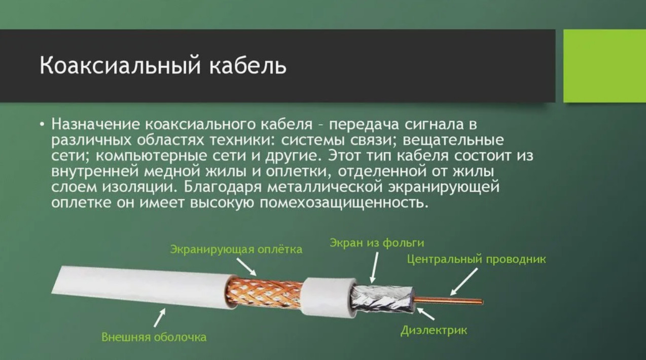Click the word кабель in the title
tap(248, 66)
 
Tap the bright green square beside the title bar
tap(605, 66)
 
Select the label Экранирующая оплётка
tap(236, 249)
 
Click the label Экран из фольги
tap(377, 243)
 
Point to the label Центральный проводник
tap(477, 259)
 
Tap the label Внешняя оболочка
tap(154, 337)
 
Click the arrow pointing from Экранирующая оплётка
tap(246, 267)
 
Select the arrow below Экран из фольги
tap(374, 267)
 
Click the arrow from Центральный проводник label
tap(463, 282)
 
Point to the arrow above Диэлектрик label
tap(425, 313)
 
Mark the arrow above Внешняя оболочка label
tap(160, 317)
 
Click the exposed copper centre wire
tap(448, 301)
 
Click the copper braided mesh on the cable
tap(264, 293)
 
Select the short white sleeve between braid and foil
tap(328, 298)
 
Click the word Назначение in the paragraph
tap(96, 125)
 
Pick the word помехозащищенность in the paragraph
tap(343, 203)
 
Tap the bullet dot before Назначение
tap(43, 125)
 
